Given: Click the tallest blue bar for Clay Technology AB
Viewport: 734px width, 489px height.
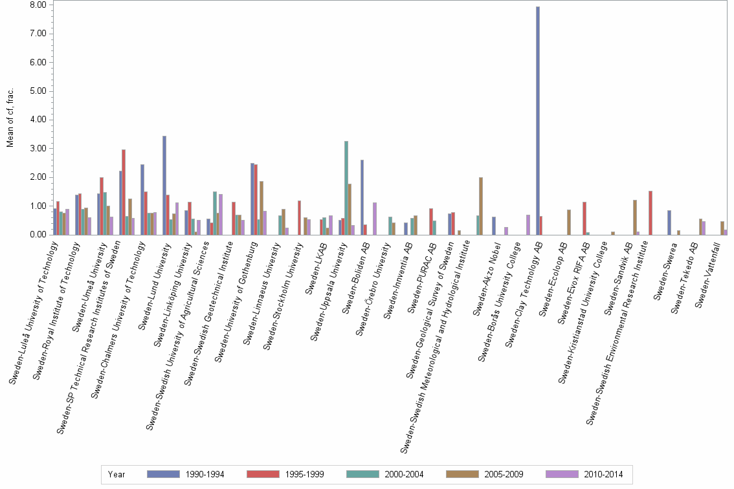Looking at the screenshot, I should pyautogui.click(x=538, y=121).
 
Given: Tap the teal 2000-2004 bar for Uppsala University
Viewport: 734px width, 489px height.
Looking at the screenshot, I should pyautogui.click(x=346, y=188).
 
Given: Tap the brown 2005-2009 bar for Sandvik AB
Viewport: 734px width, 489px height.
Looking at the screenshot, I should pyautogui.click(x=635, y=217).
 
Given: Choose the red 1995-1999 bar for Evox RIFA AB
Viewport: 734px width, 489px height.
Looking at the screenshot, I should pyautogui.click(x=584, y=219).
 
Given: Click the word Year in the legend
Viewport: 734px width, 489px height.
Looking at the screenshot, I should pyautogui.click(x=117, y=475).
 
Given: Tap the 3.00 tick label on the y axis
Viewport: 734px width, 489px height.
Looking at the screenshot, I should pyautogui.click(x=38, y=149).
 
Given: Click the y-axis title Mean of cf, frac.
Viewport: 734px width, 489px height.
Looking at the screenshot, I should pyautogui.click(x=10, y=119).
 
